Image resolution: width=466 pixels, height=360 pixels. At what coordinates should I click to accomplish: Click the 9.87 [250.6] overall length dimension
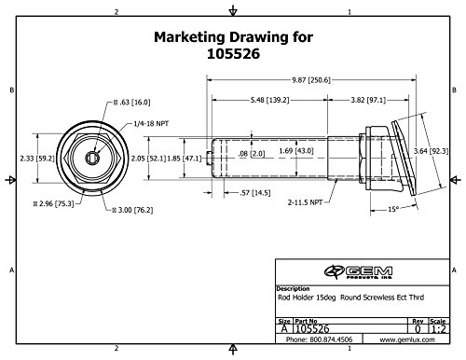pos(311,80)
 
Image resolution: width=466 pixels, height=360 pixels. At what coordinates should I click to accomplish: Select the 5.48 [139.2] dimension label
pos(270,100)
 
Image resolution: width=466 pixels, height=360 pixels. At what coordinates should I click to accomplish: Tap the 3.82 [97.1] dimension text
pos(368,100)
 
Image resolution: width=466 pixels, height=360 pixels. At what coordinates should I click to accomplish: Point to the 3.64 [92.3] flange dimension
pos(431,151)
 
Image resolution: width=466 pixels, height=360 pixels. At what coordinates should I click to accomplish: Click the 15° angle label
pos(393,209)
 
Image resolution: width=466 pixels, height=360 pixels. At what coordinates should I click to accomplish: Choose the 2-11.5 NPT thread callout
pos(305,202)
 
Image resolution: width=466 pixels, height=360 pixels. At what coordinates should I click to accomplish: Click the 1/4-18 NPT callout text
pos(151,124)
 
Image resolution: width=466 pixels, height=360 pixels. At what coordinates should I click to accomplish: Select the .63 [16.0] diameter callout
pos(131,103)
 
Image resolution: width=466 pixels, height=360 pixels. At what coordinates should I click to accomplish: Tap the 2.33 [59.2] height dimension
pos(37,159)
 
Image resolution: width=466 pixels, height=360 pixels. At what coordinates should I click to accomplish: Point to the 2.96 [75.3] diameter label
pos(54,204)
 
